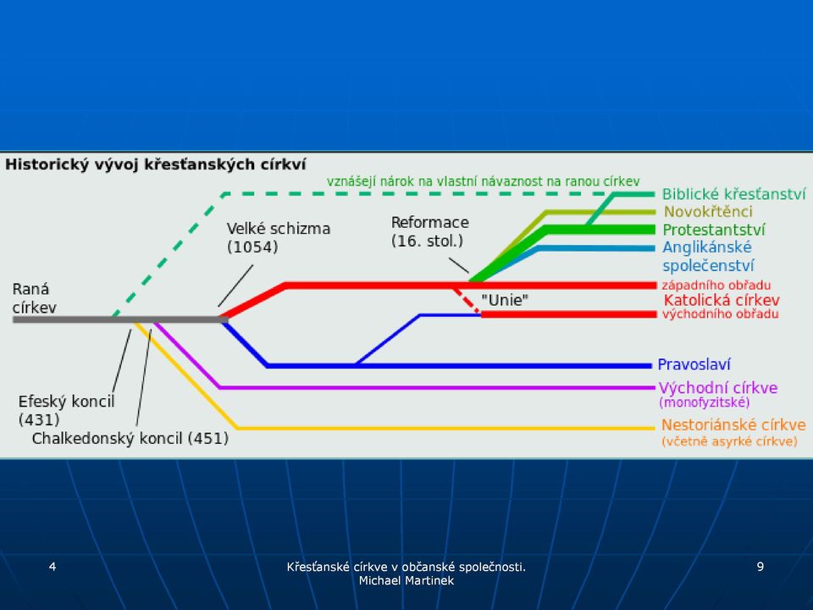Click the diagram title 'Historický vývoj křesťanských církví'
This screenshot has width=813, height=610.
pos(156,165)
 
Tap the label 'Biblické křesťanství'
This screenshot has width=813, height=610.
pos(733,195)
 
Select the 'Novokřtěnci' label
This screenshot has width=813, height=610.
pos(708,212)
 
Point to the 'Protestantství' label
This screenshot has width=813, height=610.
pos(713,230)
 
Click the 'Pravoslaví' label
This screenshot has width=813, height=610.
pos(694,364)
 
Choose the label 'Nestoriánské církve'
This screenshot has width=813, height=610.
pos(733,425)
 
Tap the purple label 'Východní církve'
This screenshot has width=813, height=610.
pos(718,388)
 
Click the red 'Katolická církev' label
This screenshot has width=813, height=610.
pos(722,300)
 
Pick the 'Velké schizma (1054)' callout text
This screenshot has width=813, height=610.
pos(279,237)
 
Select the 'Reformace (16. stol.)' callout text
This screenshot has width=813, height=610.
pos(430,231)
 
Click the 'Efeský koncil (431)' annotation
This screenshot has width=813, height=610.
pos(66,410)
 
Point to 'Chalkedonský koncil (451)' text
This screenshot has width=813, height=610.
pos(130,439)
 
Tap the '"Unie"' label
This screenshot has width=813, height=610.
pos(505,300)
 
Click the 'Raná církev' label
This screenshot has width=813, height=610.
pos(34,298)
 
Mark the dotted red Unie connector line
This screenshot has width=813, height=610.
pos(467,301)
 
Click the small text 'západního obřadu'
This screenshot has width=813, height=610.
pos(716,286)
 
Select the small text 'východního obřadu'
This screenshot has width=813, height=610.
pos(720,313)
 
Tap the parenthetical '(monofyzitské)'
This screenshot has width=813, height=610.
pos(704,402)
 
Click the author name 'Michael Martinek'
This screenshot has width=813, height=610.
pos(406,581)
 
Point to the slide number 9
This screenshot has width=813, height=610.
pos(760,567)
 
